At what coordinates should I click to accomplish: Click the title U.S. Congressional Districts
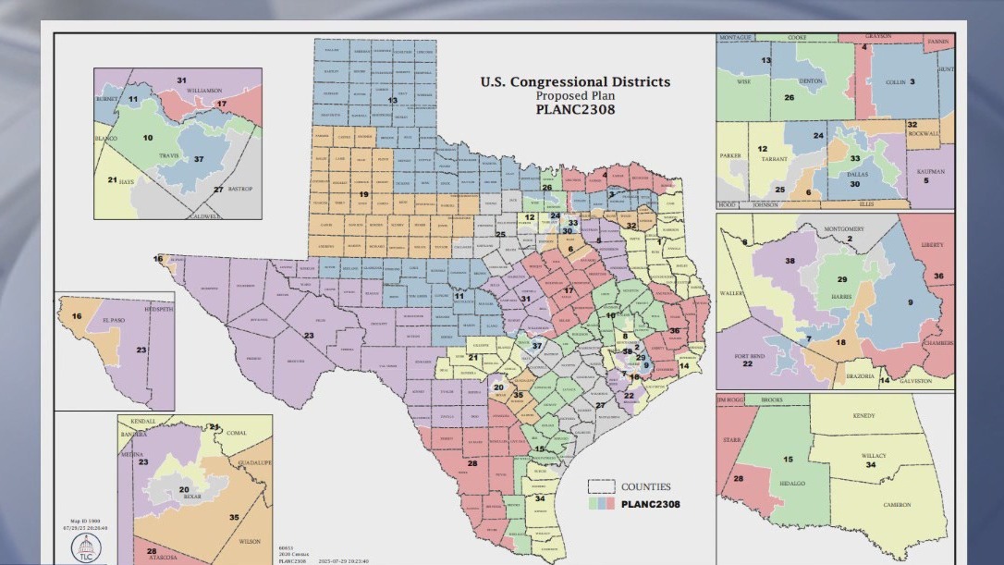point(575,81)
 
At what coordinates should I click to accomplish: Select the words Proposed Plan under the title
point(575,95)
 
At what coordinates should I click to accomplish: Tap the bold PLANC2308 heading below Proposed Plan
point(575,109)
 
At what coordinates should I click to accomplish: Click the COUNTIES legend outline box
point(602,486)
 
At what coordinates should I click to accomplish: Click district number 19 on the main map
point(363,194)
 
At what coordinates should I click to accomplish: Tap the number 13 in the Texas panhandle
point(392,100)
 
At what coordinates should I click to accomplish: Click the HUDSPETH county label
point(158,308)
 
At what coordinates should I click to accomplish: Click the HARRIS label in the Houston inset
point(840,296)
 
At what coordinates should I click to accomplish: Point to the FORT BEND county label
point(750,355)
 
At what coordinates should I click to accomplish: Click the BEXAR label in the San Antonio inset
point(192,497)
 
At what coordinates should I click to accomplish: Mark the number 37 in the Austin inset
point(199,159)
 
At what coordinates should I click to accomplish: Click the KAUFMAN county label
point(932,172)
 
